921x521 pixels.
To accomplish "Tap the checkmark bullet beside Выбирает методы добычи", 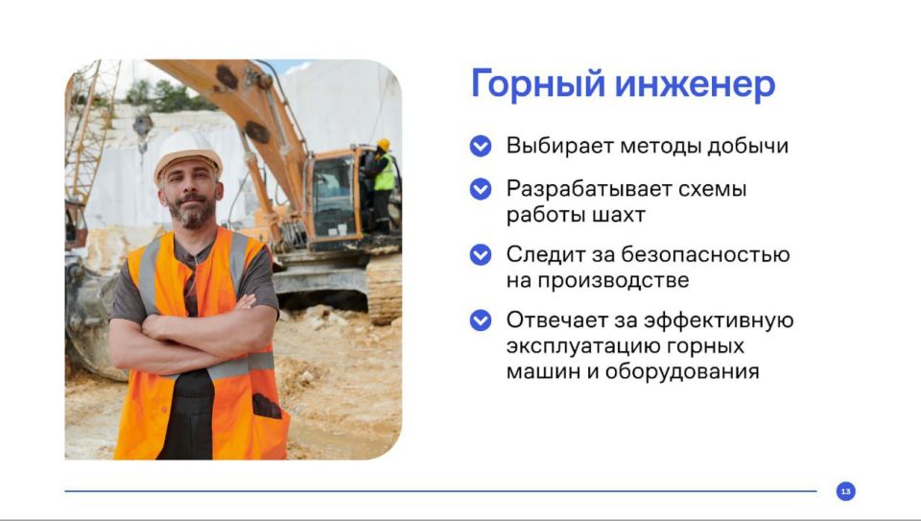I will (481, 147).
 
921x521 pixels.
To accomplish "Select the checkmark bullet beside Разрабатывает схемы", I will (481, 189).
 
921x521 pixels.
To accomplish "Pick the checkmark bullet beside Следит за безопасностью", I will (481, 255).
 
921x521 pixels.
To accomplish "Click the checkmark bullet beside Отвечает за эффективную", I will (481, 320).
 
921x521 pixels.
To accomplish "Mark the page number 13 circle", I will (845, 491).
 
